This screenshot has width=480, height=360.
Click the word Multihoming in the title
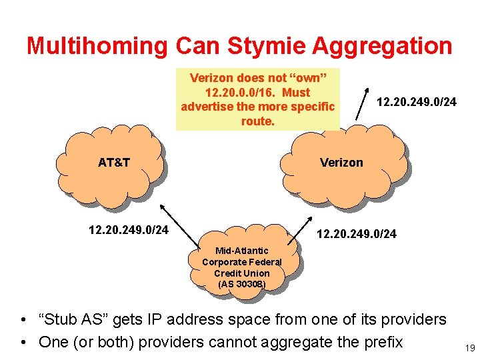(97, 46)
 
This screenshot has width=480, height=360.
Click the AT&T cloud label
(114, 162)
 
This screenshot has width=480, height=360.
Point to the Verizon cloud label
(341, 162)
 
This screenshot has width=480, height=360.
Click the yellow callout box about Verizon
(257, 99)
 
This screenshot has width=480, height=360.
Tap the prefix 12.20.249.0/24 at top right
(417, 102)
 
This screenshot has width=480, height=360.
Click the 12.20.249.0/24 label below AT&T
(128, 230)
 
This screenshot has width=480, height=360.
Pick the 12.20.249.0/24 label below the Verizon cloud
(356, 233)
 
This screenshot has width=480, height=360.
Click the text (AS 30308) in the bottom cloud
(241, 285)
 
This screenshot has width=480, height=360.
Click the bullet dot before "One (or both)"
(23, 343)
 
